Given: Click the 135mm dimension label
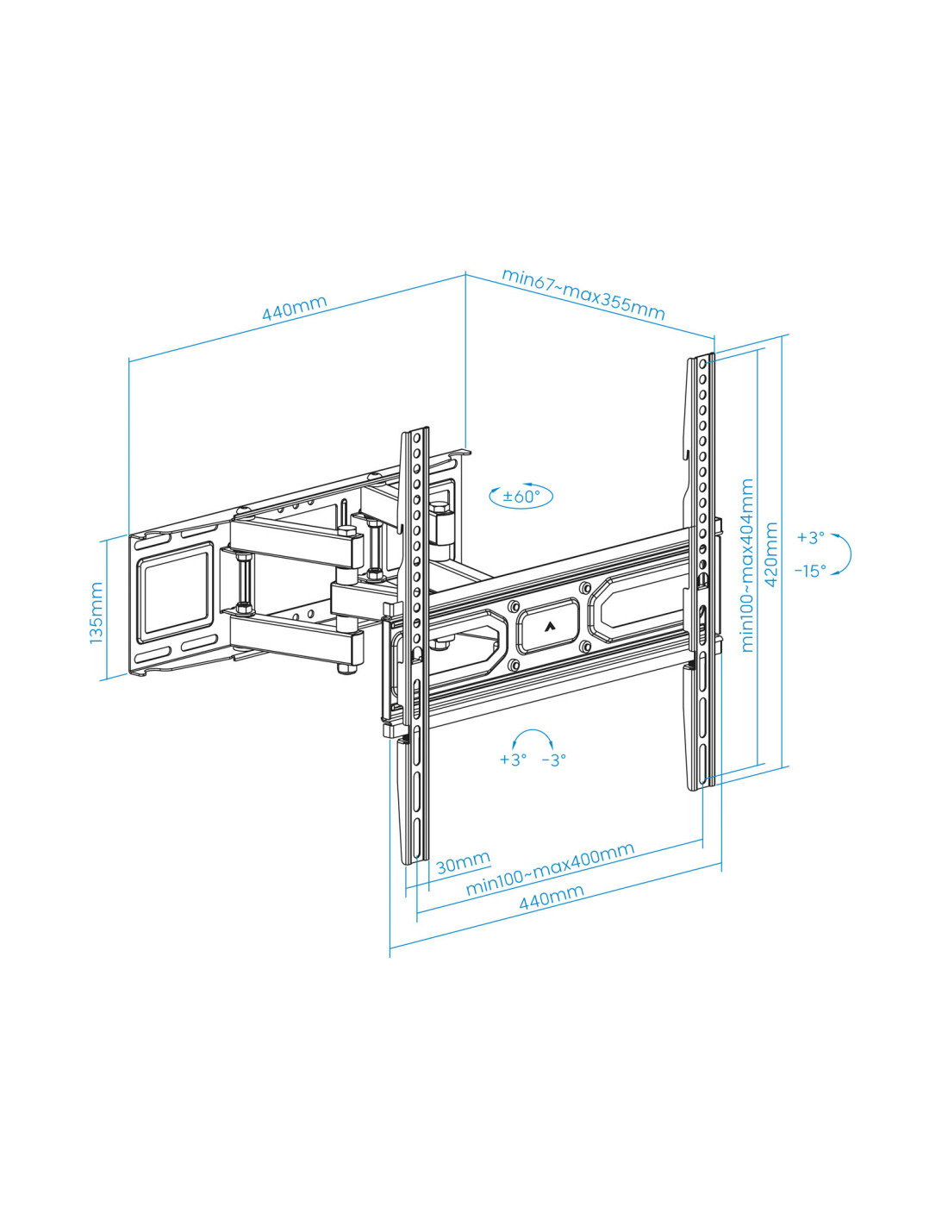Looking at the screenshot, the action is click(x=97, y=613).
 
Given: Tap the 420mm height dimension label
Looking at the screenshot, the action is click(x=771, y=554).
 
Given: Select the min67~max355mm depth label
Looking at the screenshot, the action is click(x=583, y=294).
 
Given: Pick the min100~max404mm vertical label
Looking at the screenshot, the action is click(x=747, y=566).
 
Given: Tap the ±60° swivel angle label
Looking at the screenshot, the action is click(x=521, y=497).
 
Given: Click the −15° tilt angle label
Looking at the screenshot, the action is click(x=810, y=571).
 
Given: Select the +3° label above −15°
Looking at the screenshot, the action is click(x=811, y=537).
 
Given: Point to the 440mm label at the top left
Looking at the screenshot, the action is click(x=295, y=308).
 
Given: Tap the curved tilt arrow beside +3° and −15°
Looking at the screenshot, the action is click(x=850, y=554).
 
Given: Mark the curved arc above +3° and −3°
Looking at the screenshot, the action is click(x=533, y=731).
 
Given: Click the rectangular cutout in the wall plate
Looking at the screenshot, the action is click(x=177, y=592).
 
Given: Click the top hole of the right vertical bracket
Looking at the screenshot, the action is click(x=702, y=364).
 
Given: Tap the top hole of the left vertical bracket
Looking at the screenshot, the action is click(x=417, y=437).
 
